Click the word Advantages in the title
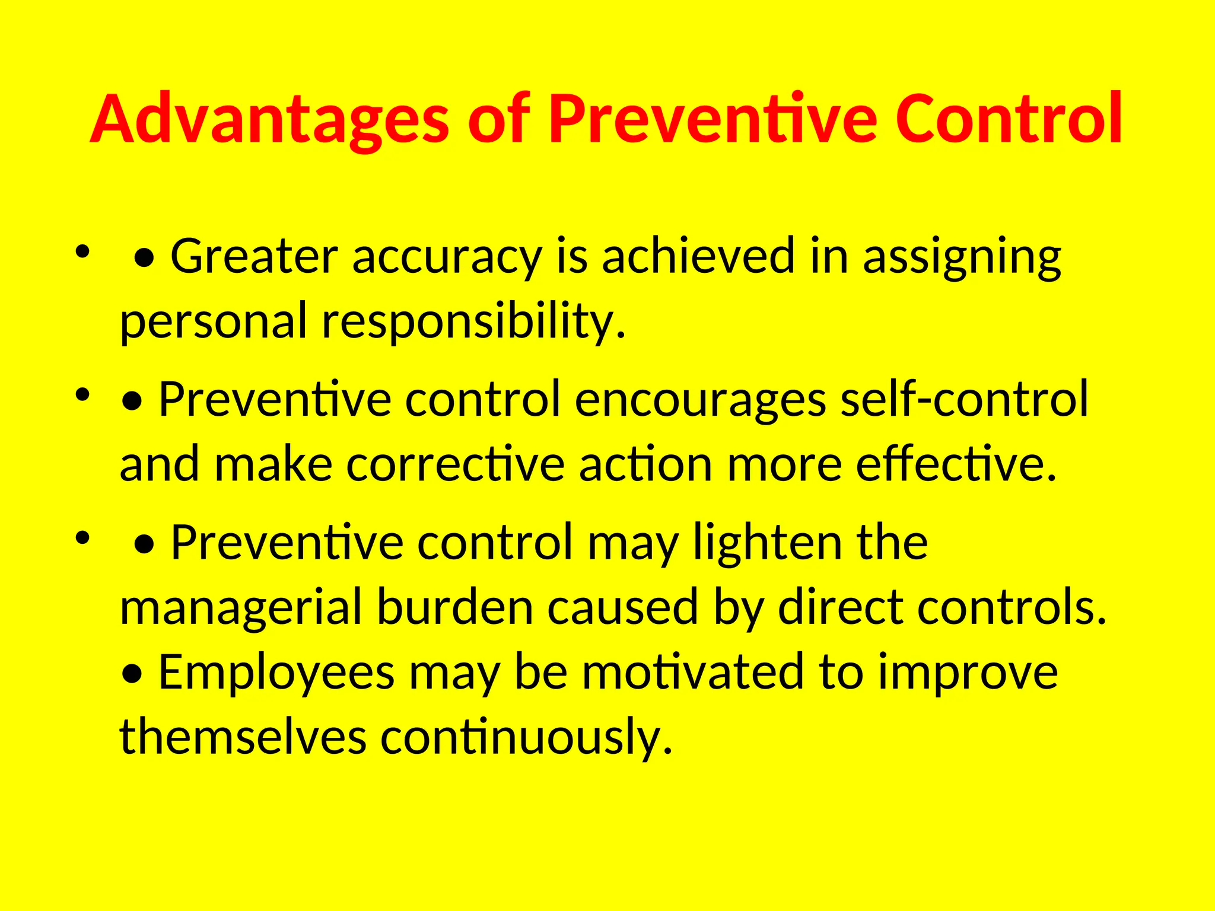tap(270, 120)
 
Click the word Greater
tap(254, 256)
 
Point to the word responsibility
tap(473, 321)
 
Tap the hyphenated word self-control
tap(965, 400)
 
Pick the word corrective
tap(455, 465)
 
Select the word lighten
tap(768, 543)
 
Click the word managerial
tap(241, 609)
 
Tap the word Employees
tap(276, 673)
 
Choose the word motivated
tap(692, 673)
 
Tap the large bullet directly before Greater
tap(145, 259)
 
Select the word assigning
tap(961, 256)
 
